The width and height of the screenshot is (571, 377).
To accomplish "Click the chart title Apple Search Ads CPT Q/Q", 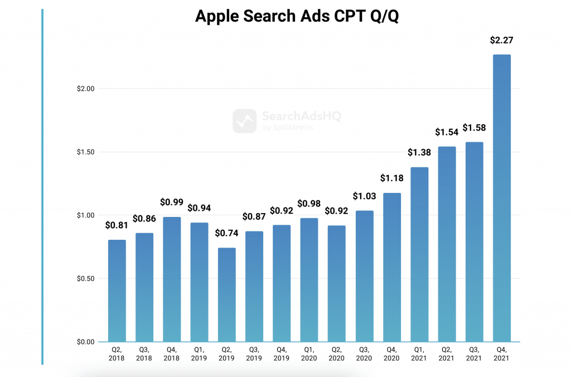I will [x=297, y=17].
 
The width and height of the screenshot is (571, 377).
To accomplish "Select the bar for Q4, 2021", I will [x=501, y=198].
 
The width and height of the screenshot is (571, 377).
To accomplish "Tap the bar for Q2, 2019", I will [x=226, y=294].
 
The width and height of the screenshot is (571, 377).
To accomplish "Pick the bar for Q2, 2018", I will [x=117, y=291].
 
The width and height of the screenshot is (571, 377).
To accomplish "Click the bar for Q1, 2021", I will [x=419, y=254].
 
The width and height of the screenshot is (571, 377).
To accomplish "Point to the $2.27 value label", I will [x=501, y=40].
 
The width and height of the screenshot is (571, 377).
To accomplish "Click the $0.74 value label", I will [x=226, y=234].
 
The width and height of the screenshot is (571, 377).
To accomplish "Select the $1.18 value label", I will [x=392, y=178].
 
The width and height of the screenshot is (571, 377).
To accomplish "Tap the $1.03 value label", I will [x=365, y=196].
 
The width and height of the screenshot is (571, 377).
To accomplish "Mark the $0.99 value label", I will [x=172, y=202].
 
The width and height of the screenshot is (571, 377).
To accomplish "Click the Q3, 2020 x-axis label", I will [x=365, y=353].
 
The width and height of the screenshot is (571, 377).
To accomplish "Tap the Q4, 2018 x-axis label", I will [x=172, y=353].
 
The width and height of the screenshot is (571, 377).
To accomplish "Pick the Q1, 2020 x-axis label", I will [x=309, y=353].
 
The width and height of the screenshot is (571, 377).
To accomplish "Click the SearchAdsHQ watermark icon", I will [x=244, y=120].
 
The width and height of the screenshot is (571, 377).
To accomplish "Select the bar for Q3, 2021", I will [x=474, y=242].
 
